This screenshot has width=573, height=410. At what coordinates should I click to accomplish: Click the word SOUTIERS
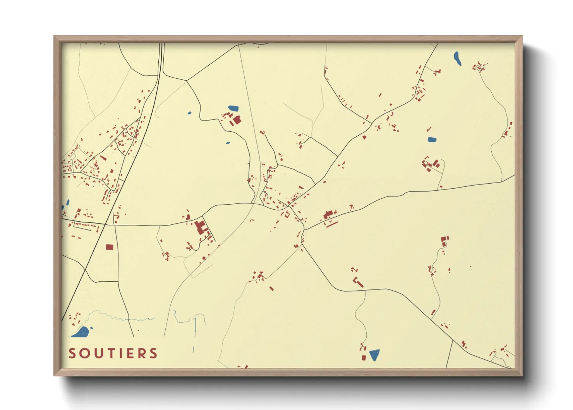[x=113, y=353]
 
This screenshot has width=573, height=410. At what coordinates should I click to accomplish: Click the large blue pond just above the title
[x=81, y=332]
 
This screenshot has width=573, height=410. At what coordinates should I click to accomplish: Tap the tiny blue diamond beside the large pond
[x=92, y=328]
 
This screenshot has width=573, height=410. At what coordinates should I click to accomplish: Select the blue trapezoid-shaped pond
[x=374, y=355]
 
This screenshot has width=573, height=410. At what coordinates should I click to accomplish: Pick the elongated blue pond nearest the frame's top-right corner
[x=457, y=59]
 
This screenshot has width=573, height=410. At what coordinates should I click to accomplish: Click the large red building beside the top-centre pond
[x=237, y=120]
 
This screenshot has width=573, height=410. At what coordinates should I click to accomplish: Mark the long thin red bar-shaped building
[x=332, y=224]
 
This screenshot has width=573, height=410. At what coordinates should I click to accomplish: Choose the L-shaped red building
[x=358, y=282]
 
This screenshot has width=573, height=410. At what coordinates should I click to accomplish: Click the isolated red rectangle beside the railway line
[x=110, y=247]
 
